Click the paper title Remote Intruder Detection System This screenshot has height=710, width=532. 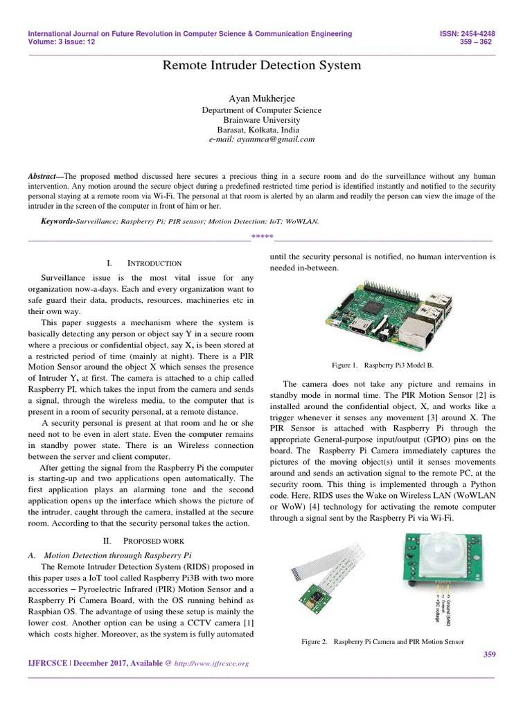click(x=261, y=66)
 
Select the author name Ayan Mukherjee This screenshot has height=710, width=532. click(x=261, y=98)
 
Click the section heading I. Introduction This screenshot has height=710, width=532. click(x=145, y=263)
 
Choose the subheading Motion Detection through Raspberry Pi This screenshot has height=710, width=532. click(x=117, y=555)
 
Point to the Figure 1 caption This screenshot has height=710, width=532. click(x=383, y=364)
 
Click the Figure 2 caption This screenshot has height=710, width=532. click(x=382, y=642)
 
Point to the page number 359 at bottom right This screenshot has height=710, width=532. click(x=488, y=655)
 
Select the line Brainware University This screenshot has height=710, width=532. click(x=261, y=119)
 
